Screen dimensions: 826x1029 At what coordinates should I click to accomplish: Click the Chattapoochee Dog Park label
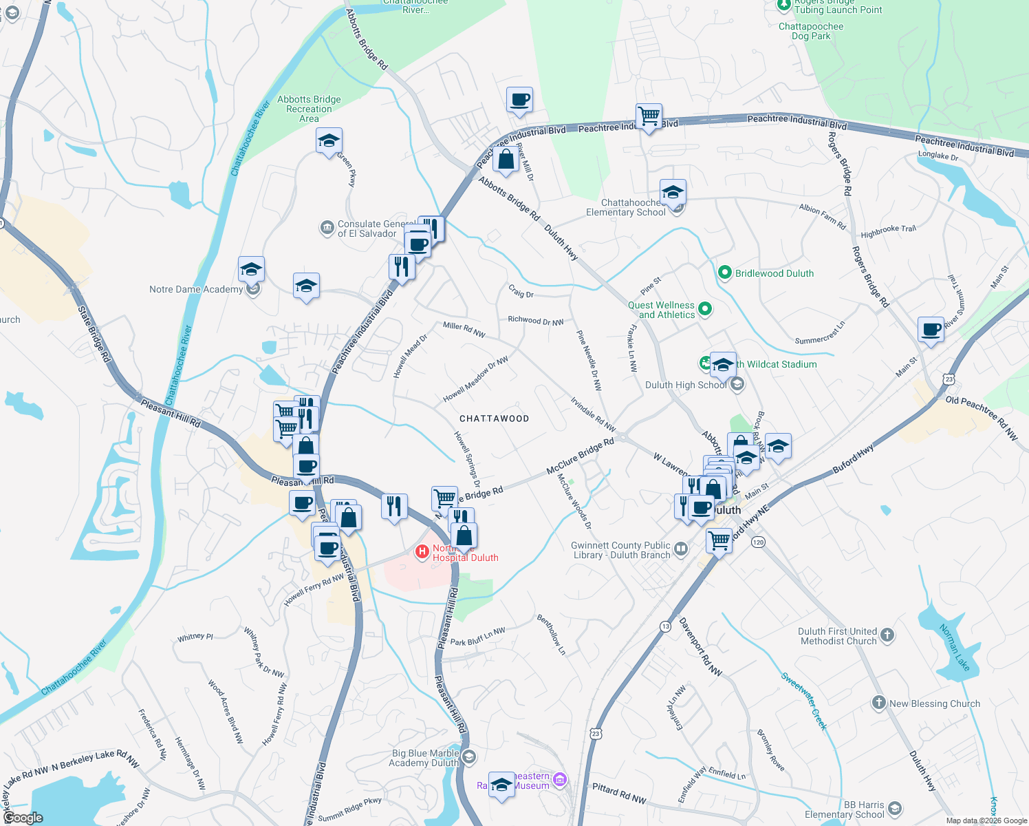pos(811,32)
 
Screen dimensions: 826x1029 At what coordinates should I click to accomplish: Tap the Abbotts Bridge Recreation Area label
pos(309,109)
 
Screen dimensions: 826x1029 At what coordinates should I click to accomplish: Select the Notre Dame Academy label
pos(196,289)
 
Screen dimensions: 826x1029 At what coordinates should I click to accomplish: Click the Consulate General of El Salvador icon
pos(327,227)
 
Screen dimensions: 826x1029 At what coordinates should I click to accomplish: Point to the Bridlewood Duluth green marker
pos(724,273)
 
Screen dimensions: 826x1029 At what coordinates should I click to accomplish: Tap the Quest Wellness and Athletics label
pos(661,310)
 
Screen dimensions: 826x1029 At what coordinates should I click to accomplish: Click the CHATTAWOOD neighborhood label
pos(494,419)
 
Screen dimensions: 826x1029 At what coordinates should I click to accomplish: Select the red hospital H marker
pos(422,552)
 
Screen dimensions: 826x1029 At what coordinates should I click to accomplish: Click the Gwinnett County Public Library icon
pos(681,549)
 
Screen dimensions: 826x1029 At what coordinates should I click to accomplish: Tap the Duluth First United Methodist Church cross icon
pos(887,635)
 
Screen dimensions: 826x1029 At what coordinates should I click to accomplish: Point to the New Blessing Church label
pos(935,703)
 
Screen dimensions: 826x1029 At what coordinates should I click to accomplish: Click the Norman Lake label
pos(955,647)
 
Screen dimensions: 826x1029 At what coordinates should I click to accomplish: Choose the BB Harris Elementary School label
pos(845,809)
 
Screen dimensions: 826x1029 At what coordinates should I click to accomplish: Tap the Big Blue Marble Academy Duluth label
pos(424,758)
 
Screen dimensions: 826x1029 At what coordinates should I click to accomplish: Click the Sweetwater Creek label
pos(804,700)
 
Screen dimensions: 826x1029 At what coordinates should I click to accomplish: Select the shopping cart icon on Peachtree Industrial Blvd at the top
pos(649,116)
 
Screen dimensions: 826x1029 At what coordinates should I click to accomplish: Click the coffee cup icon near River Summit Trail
pos(931,329)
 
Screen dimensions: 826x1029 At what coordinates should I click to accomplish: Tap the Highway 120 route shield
pos(758,542)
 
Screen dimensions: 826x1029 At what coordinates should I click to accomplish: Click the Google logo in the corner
pos(23,818)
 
